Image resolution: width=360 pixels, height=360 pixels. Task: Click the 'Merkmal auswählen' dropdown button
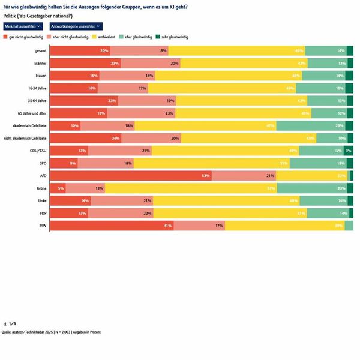click(23, 26)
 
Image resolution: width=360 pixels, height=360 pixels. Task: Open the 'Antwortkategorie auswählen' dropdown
click(75, 26)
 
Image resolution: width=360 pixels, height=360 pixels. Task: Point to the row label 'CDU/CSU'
click(38, 151)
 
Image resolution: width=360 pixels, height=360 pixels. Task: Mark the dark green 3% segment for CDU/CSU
click(349, 151)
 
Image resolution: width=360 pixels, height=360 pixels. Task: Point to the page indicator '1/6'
click(10, 323)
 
